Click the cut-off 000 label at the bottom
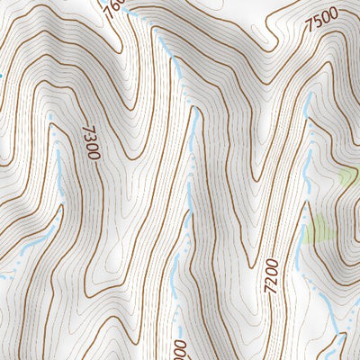click(x=179, y=350)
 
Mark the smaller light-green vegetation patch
click(x=347, y=176)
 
